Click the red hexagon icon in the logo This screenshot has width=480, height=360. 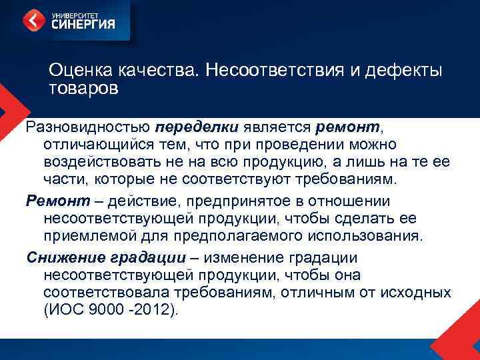(x=34, y=21)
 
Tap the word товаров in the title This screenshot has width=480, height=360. (x=83, y=88)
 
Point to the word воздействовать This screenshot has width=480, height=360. (x=101, y=161)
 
